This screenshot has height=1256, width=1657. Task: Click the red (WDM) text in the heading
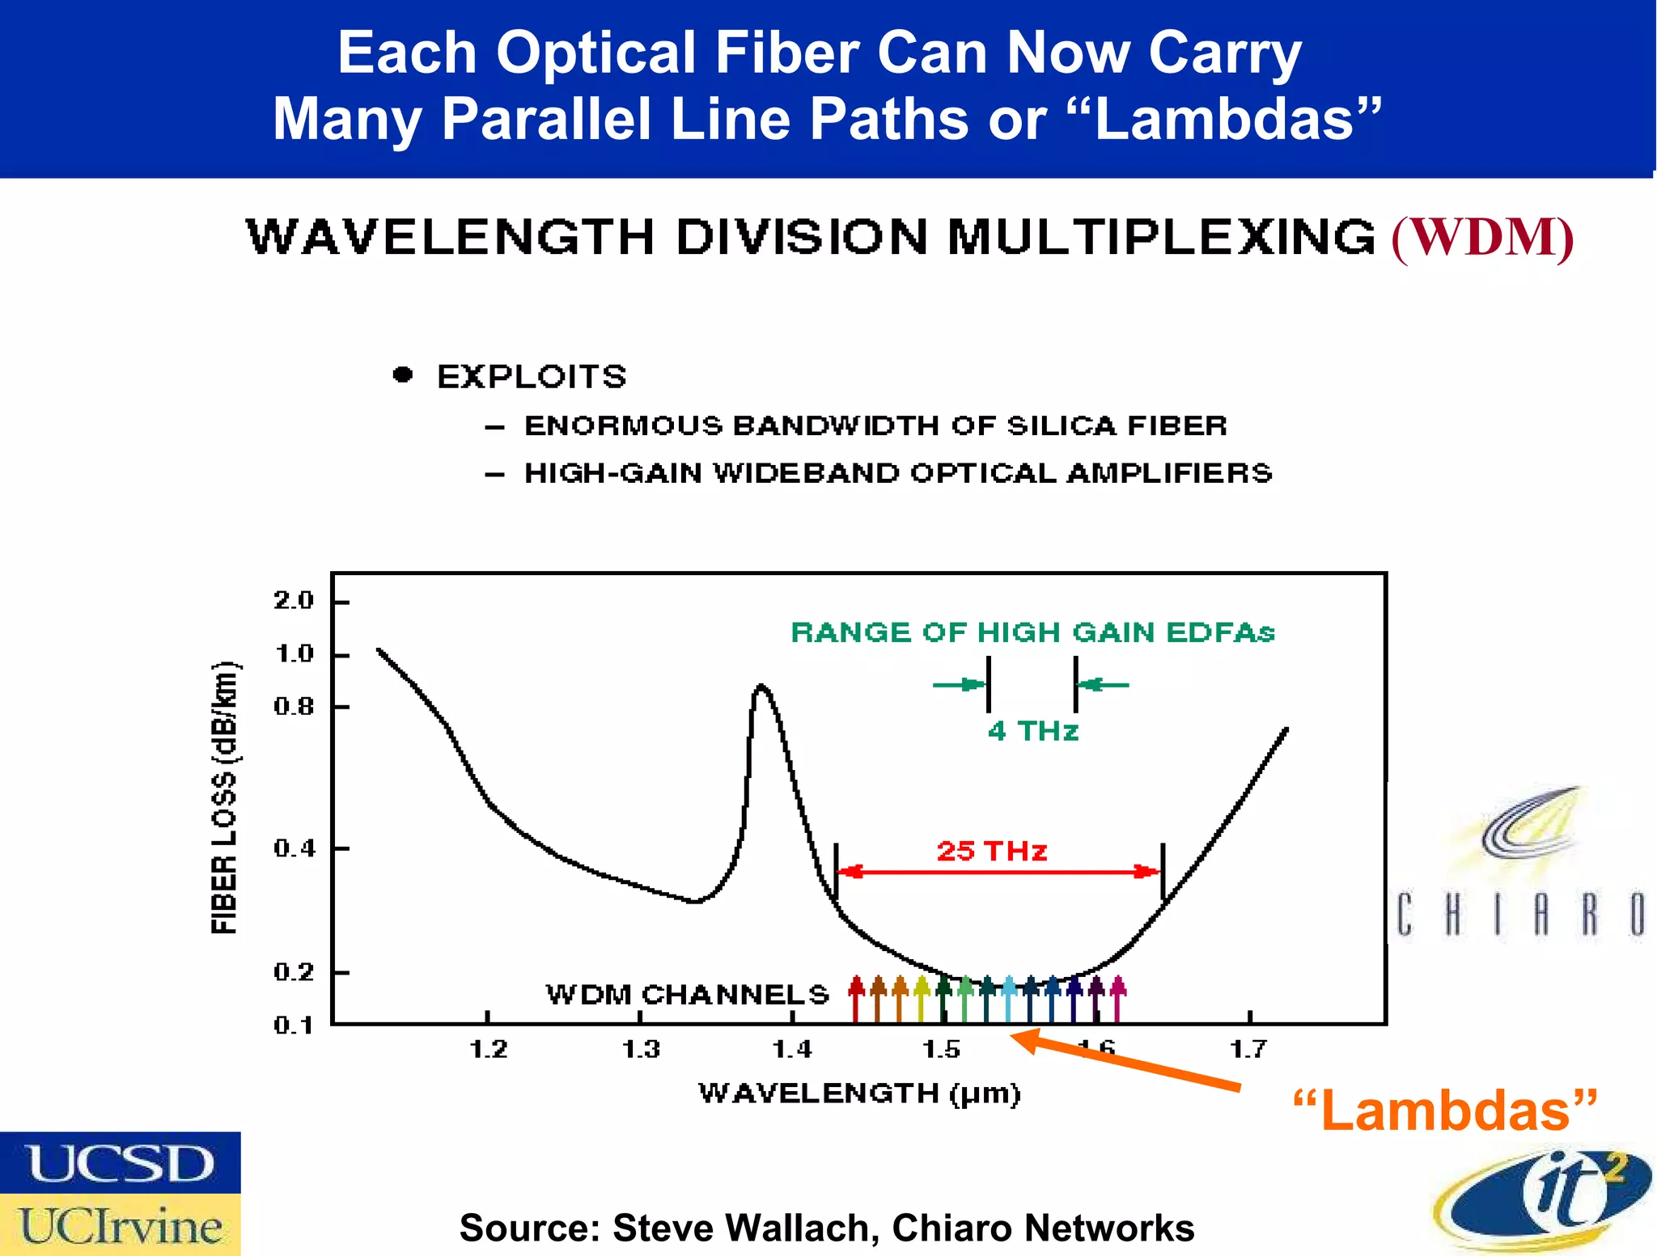1482,238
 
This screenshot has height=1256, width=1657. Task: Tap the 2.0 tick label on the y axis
294,600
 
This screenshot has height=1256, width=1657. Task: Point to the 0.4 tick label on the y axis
294,848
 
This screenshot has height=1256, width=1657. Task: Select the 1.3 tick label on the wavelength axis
641,1050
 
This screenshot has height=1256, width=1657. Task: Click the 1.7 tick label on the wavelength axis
1248,1050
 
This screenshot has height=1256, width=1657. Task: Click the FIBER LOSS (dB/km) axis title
225,797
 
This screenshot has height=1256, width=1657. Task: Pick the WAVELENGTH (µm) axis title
859,1093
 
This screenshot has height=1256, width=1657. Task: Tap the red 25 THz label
992,851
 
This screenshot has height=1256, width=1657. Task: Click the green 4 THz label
1032,731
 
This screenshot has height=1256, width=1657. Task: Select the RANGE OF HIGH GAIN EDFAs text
1032,632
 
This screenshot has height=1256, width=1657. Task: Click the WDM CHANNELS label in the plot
688,994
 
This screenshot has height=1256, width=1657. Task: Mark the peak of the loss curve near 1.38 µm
761,687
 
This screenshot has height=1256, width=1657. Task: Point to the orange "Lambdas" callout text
1445,1111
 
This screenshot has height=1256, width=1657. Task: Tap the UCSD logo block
121,1163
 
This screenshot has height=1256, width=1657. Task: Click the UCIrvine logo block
121,1225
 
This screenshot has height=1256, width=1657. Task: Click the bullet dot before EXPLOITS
402,374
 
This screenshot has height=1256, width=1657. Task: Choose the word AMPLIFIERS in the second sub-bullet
1169,473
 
